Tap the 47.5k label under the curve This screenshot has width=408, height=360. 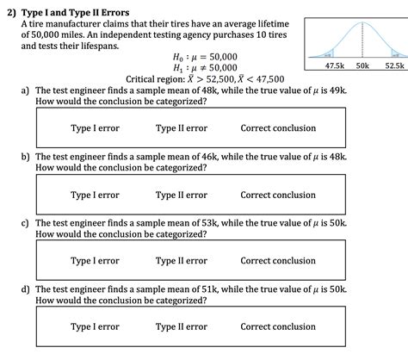tap(336, 65)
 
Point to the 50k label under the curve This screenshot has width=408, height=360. tap(362, 65)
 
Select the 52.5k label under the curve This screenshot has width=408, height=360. tap(393, 65)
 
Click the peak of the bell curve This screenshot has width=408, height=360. tap(362, 22)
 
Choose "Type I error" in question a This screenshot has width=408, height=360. tap(95, 128)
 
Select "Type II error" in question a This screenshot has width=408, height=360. tap(181, 128)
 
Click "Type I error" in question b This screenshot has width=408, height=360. tap(95, 195)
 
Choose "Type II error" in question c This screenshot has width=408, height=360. tap(181, 260)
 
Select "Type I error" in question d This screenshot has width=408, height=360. tap(95, 326)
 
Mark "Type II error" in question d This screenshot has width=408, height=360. tap(181, 326)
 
